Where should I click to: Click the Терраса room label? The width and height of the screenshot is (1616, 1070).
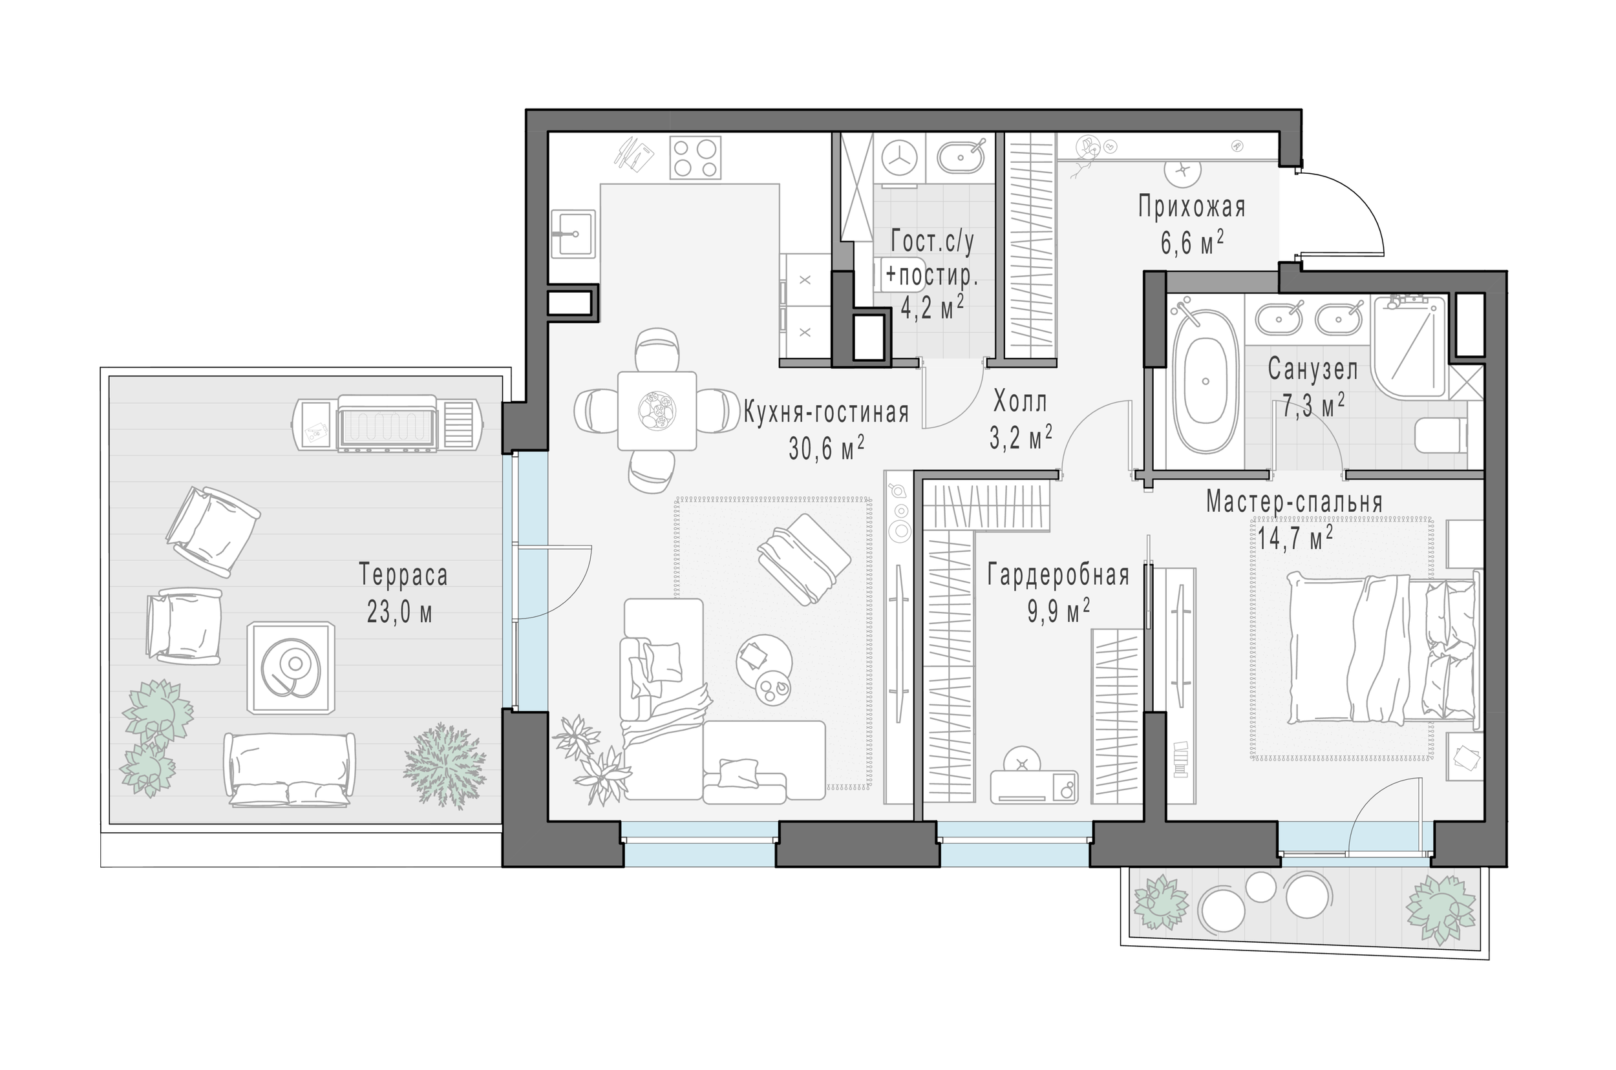pos(403,574)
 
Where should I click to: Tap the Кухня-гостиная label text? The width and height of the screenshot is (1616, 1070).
pos(826,412)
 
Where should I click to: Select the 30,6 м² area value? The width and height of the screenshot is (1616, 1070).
pos(826,447)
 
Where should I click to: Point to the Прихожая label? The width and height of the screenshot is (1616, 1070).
pos(1191,206)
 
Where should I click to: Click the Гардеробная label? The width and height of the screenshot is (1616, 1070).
pos(1058,576)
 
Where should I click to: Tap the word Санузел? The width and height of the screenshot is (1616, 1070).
pos(1313,369)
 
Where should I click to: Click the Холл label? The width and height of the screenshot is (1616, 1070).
pos(1020,402)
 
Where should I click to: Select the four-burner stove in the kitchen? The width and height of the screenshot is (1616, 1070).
pos(695,157)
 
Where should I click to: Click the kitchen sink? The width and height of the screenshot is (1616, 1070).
pos(573,233)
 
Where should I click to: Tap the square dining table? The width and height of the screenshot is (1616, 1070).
pos(657,411)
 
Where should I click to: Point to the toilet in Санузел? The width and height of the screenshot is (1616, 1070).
pos(1441,435)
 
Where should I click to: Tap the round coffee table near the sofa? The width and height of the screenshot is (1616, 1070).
pos(764,669)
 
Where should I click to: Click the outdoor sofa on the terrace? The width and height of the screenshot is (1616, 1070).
pos(290,770)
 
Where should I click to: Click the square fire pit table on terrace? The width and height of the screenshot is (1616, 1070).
pos(292,667)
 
